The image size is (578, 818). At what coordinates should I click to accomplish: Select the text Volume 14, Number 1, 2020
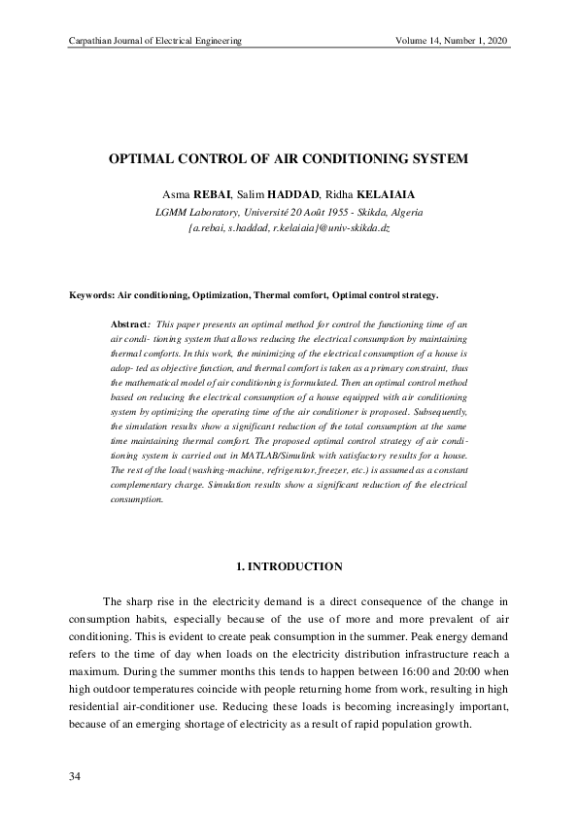(453, 41)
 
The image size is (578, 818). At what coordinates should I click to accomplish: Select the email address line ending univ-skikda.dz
(289, 227)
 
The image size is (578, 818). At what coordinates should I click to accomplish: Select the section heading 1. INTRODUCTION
(289, 565)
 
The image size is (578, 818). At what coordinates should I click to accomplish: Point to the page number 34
(75, 777)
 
